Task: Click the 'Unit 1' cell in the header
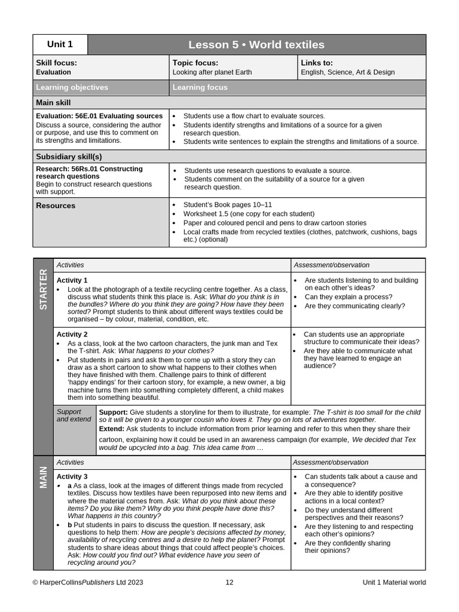(x=60, y=44)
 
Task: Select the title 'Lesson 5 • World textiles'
(x=256, y=45)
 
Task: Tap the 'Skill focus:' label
(x=56, y=63)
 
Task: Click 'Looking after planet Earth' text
(x=212, y=72)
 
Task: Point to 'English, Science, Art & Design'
(x=348, y=72)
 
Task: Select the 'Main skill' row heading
(x=53, y=103)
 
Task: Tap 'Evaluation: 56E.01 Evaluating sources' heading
(x=99, y=116)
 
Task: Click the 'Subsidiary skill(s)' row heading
(x=69, y=157)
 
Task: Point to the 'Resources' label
(x=56, y=206)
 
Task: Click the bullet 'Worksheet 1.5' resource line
(x=249, y=213)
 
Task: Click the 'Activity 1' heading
(x=72, y=280)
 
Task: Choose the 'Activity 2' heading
(x=72, y=335)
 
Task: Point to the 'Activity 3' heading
(x=72, y=476)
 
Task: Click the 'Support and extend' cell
(x=74, y=415)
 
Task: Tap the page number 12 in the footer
(x=229, y=582)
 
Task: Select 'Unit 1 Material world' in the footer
(x=394, y=582)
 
